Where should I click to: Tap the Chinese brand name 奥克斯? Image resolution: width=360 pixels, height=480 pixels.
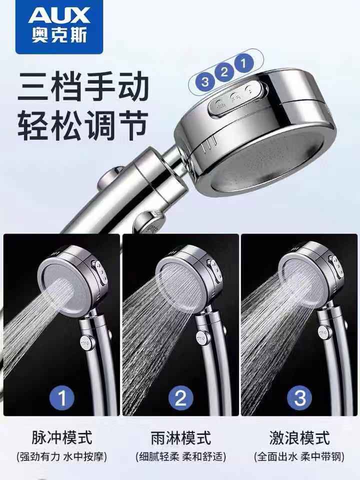pos(59,35)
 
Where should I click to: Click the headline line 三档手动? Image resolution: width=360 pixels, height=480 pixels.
pos(83,86)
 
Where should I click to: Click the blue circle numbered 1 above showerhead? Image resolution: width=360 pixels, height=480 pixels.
pos(244,63)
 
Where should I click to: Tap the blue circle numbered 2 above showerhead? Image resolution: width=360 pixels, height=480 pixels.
pos(224,72)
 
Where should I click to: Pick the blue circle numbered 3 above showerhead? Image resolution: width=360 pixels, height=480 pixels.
pos(205,81)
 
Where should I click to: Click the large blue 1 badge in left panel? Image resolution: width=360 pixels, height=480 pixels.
pos(62,398)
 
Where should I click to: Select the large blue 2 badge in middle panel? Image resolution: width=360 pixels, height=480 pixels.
pos(180,398)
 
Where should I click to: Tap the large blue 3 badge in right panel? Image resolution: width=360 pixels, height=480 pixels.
pos(299,398)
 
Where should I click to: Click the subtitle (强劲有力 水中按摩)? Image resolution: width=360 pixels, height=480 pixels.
pos(62,456)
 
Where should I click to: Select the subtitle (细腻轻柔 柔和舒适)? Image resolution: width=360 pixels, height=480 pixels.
pos(180,456)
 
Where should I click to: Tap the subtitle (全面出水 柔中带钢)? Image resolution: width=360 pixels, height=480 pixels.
pos(299,456)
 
